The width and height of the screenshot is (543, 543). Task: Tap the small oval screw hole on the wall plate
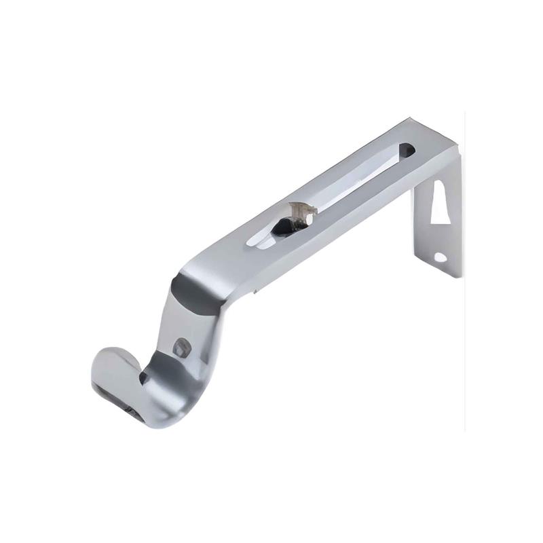tap(441, 257)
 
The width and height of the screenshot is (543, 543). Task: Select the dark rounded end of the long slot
tap(408, 147)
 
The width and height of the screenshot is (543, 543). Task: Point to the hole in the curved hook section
tap(181, 348)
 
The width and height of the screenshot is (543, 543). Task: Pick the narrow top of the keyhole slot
tap(440, 186)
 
